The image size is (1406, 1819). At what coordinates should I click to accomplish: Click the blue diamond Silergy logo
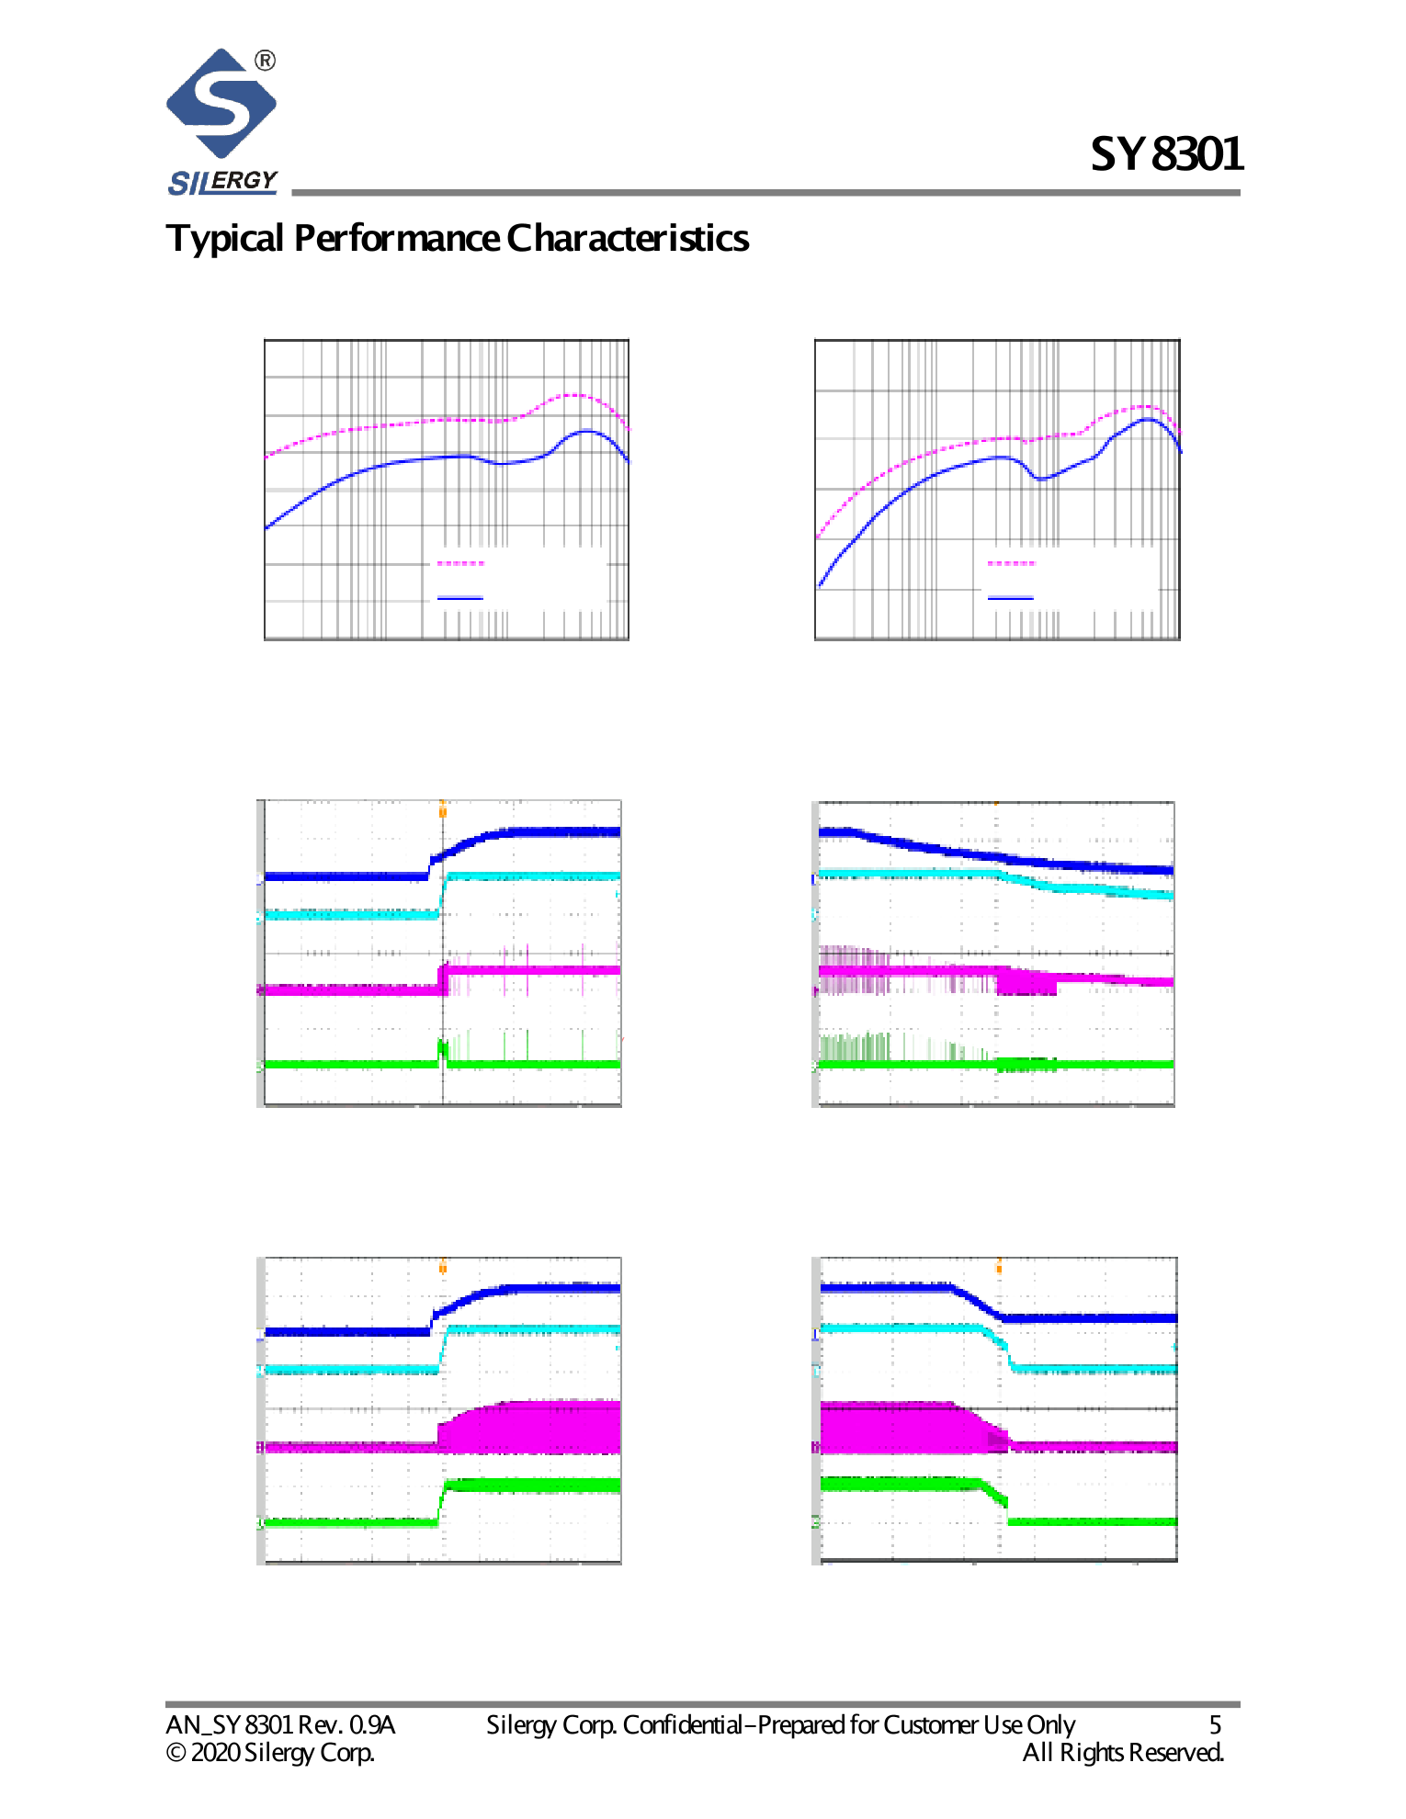[221, 103]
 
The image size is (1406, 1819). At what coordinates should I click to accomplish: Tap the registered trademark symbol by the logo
[265, 61]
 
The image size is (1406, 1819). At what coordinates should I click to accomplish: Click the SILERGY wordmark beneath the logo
[222, 181]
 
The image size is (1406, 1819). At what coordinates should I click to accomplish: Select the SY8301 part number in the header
[1166, 154]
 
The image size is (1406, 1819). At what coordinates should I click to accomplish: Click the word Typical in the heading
[224, 239]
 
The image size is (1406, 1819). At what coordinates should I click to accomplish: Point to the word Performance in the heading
[397, 239]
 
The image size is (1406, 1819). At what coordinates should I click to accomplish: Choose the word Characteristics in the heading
[628, 239]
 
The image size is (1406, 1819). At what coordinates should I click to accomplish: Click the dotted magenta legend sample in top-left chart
[459, 563]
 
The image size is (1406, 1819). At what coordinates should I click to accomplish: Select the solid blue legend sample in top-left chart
[459, 598]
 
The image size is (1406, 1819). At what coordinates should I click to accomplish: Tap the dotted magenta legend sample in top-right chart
[1011, 563]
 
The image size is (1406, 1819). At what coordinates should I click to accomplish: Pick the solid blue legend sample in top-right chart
[1011, 598]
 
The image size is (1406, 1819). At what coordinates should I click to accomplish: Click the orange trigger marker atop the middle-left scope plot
[443, 808]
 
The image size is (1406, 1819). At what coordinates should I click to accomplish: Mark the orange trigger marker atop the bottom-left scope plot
[443, 1266]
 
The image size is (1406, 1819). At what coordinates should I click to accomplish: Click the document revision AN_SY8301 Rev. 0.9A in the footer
[280, 1725]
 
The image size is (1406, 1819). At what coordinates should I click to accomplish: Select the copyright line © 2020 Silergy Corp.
[270, 1753]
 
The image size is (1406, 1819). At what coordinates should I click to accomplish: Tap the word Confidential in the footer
[682, 1725]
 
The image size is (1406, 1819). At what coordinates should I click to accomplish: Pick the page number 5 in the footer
[1215, 1725]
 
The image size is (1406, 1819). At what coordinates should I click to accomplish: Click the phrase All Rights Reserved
[1123, 1753]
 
